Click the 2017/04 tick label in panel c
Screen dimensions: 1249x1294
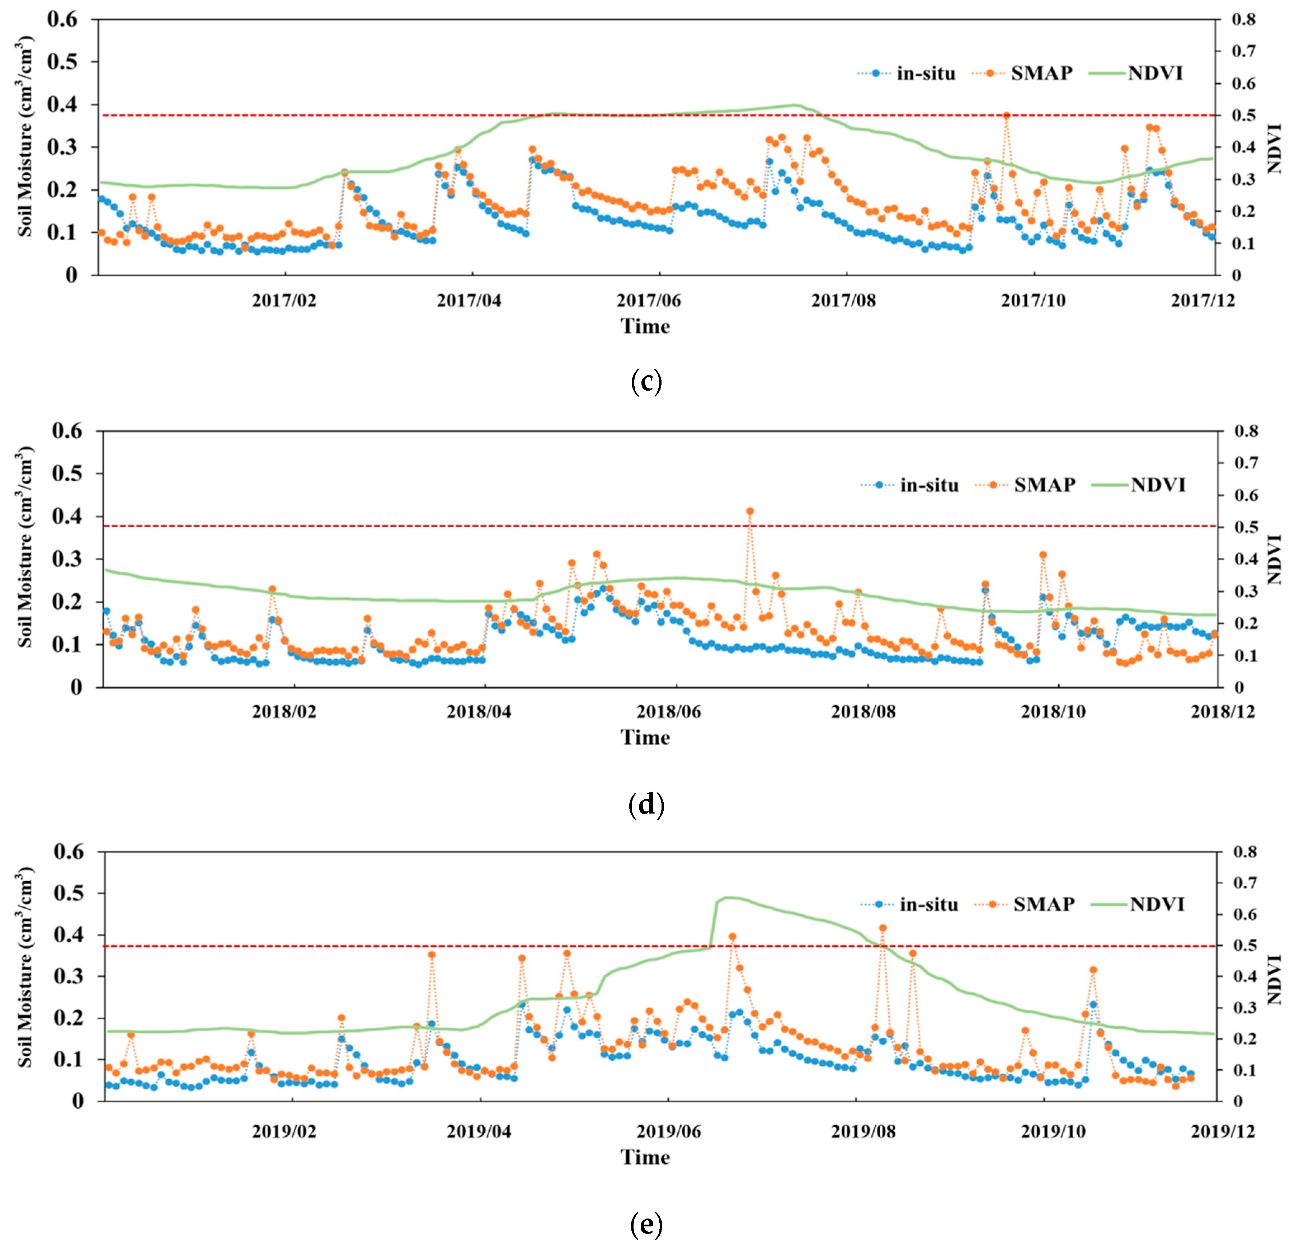pyautogui.click(x=469, y=301)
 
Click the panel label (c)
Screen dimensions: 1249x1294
pyautogui.click(x=646, y=382)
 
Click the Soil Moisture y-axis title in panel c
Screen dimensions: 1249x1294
pyautogui.click(x=25, y=138)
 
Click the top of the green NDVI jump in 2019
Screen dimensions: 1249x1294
pyautogui.click(x=725, y=897)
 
